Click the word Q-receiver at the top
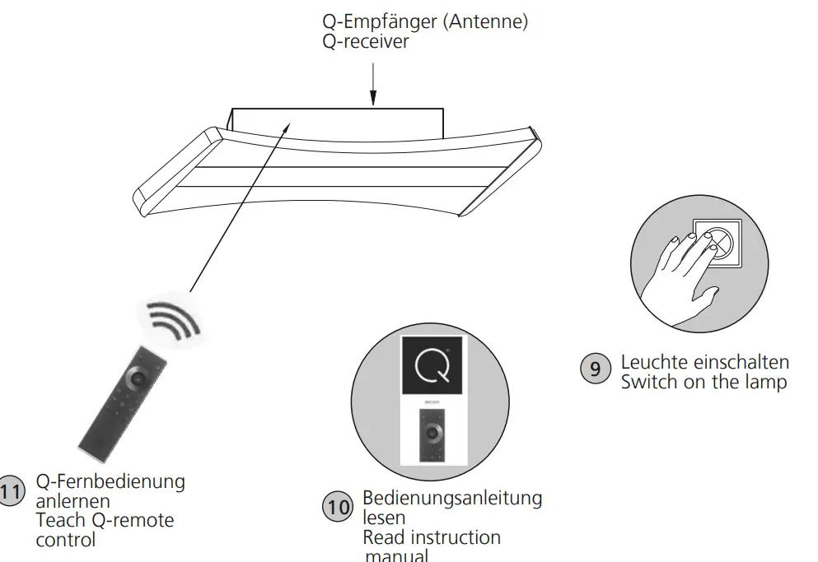366,42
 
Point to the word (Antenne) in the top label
485,22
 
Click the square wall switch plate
716,242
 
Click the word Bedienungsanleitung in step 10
452,499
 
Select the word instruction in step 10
452,537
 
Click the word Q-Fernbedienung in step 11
110,481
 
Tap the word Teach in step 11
58,520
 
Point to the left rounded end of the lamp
148,195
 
